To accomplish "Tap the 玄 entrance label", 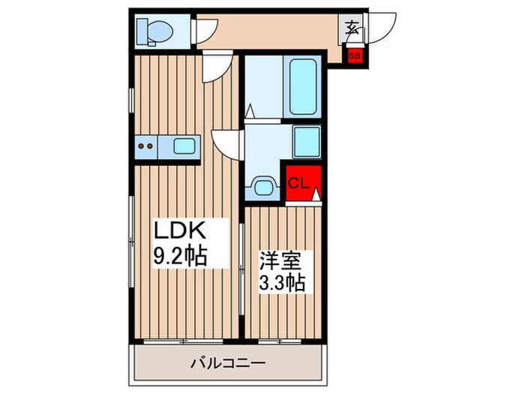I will coord(351,30).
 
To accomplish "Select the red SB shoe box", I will coord(352,56).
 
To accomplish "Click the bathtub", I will coord(304,86).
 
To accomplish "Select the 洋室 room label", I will coord(280,261).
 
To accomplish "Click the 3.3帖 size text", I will coord(281,284).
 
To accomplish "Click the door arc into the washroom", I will coord(228,141).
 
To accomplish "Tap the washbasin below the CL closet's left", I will coord(263,185).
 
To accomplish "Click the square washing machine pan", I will coord(307,140).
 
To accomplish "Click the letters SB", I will coord(352,56).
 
